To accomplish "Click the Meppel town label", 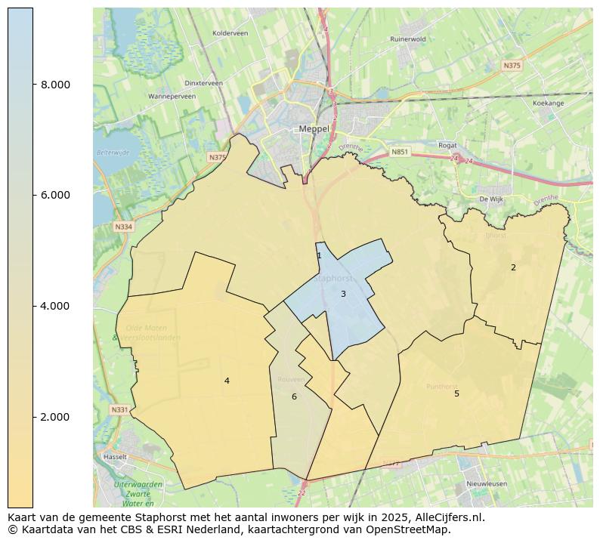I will tap(314, 129).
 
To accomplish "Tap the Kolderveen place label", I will tap(230, 33).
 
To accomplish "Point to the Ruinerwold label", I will tap(408, 39).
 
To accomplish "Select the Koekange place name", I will tap(548, 103).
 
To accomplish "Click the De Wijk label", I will tap(491, 199).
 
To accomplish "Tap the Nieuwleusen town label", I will tap(487, 483).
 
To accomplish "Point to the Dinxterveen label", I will tap(203, 83).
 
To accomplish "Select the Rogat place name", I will tap(447, 145).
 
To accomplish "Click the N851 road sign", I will tap(400, 152).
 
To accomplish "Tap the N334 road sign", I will tap(123, 227).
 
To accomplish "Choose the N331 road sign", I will tap(119, 410).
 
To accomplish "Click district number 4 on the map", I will tap(227, 381).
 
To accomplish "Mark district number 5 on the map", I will tap(456, 393).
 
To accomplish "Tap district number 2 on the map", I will tap(513, 267).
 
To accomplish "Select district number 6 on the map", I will tap(294, 397).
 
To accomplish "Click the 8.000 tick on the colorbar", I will tap(55, 85).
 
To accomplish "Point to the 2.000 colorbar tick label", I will tap(55, 417).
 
